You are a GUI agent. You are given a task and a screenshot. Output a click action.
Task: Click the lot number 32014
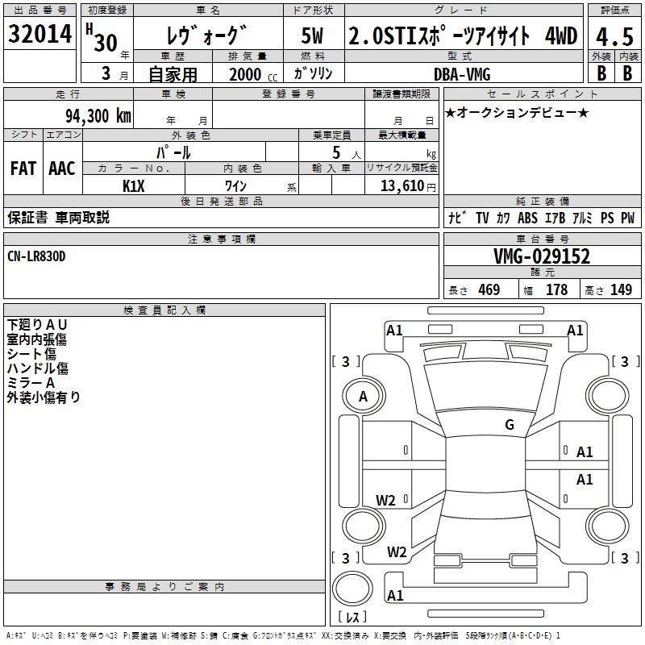(40, 35)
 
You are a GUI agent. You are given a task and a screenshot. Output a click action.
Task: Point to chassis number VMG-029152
(542, 256)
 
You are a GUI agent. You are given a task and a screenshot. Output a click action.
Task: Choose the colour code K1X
(134, 185)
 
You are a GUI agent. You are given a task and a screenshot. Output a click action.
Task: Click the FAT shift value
(23, 169)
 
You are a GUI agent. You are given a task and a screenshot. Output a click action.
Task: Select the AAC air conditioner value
(61, 169)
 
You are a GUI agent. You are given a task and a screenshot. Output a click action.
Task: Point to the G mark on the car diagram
(509, 425)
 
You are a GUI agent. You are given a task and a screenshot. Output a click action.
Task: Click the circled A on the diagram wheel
(363, 397)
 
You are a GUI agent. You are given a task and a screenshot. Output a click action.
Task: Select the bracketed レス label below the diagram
(355, 617)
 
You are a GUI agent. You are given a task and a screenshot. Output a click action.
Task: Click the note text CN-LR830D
(36, 256)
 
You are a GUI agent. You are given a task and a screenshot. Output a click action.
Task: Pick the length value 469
(489, 290)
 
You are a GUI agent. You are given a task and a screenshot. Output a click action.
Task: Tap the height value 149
(622, 290)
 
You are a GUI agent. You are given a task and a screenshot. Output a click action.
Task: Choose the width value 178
(556, 290)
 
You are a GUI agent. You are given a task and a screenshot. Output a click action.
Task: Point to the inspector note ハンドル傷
(37, 368)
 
